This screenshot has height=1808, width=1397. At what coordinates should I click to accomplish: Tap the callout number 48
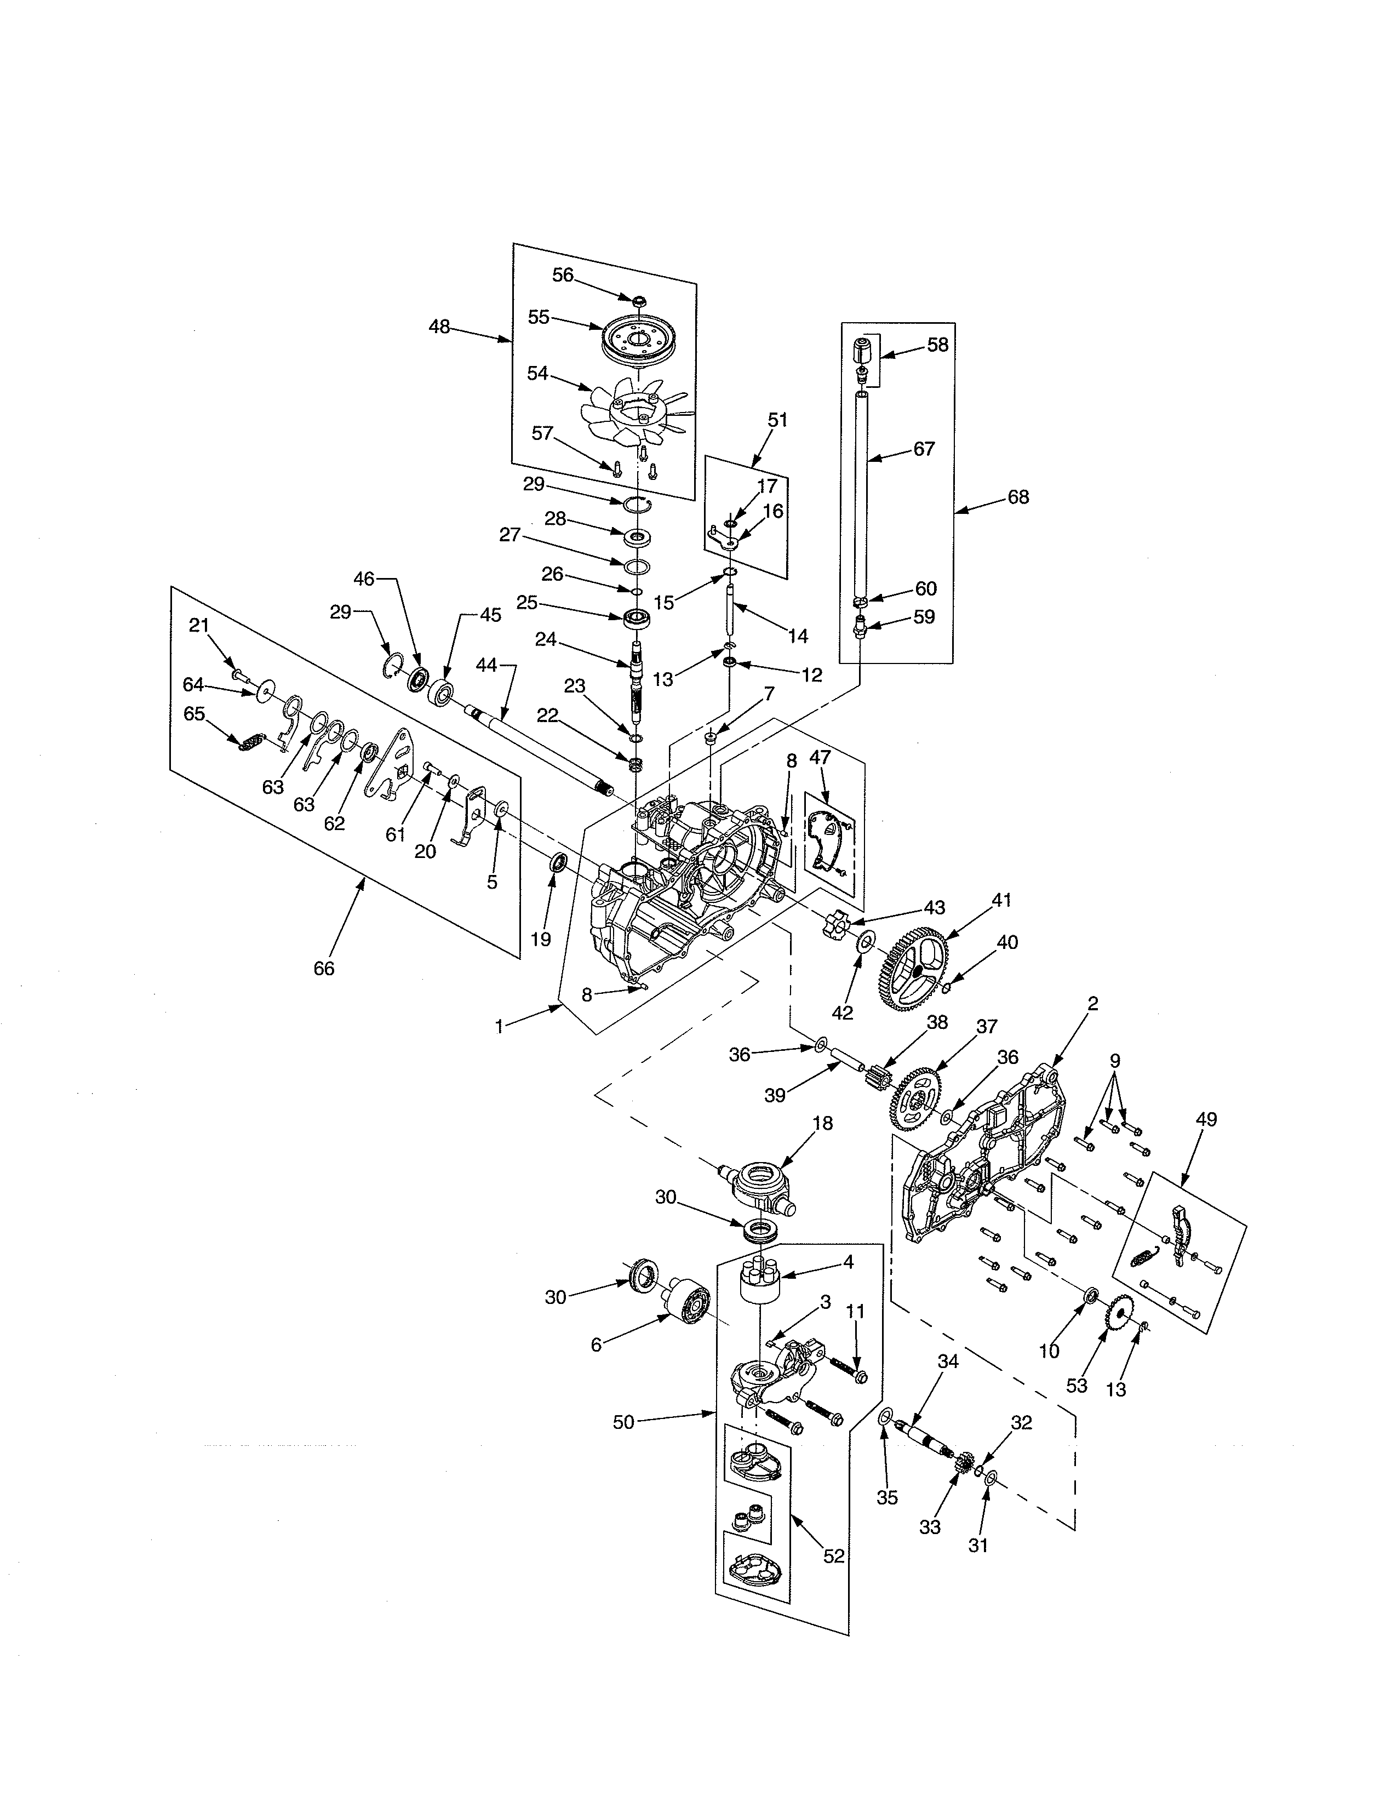[439, 327]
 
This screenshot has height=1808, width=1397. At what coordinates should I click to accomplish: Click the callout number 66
[324, 969]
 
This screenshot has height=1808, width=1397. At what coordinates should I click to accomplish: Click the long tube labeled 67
[862, 497]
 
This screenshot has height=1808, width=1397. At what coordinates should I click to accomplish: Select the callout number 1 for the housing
[499, 1027]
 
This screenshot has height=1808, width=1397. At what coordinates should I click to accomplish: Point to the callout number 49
[1207, 1119]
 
